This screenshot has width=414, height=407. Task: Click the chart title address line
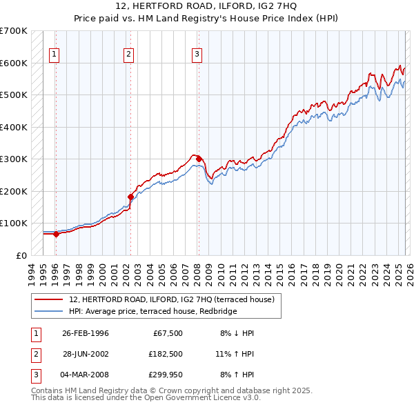coord(206,7)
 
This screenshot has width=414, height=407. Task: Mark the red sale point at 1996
coord(56,234)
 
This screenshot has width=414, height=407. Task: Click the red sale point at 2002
coord(130,197)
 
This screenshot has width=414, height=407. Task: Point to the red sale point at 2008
coord(198,159)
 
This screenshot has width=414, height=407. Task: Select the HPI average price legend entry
coord(152,312)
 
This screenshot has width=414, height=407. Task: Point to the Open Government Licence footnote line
coord(146,398)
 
